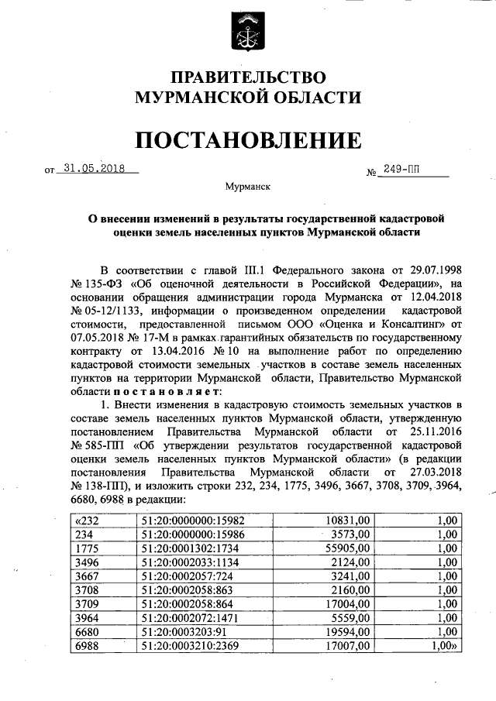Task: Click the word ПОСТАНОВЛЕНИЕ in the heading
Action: click(248, 141)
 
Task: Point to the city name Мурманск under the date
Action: click(247, 187)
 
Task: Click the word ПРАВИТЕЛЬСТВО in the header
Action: click(248, 77)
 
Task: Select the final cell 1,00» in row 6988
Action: click(444, 645)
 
